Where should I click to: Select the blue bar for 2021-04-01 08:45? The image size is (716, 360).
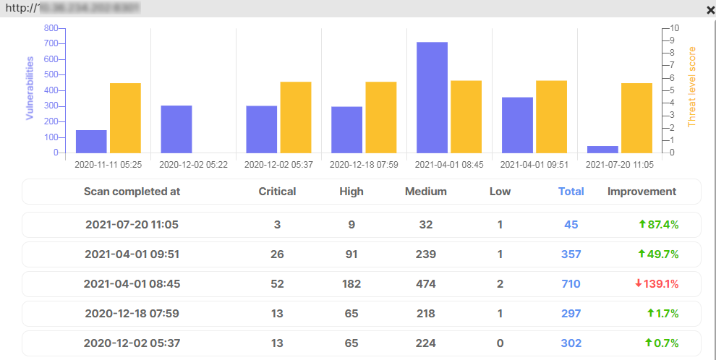[x=432, y=98]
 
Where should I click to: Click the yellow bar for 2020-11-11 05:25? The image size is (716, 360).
[x=125, y=118]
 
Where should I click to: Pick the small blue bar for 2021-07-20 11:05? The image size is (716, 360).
[x=602, y=149]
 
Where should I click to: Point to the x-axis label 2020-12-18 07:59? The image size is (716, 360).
[x=364, y=165]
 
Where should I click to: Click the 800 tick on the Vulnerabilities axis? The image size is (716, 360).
[x=51, y=28]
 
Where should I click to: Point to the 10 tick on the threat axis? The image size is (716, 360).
[x=675, y=28]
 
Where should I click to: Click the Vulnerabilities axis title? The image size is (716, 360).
[x=30, y=89]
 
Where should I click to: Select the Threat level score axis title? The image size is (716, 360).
[x=691, y=87]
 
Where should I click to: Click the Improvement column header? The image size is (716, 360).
[x=642, y=192]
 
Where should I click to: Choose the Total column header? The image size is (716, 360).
[x=571, y=192]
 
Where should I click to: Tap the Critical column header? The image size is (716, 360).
[x=277, y=192]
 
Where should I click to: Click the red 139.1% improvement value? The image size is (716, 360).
[x=657, y=284]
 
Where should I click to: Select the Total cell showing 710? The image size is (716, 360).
[x=571, y=284]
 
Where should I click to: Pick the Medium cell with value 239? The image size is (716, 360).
[x=426, y=254]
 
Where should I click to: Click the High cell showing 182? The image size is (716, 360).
[x=351, y=284]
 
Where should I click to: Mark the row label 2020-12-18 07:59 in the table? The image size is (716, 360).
[x=132, y=314]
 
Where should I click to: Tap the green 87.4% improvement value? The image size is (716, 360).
[x=658, y=225]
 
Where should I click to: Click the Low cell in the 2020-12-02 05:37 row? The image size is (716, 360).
[x=500, y=343]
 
